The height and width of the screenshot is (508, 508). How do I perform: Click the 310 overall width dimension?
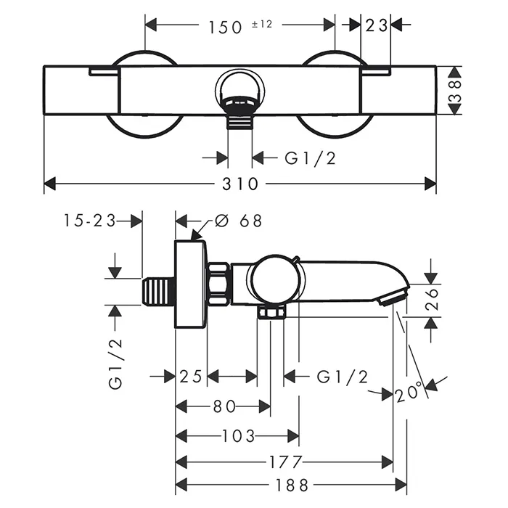coord(242,184)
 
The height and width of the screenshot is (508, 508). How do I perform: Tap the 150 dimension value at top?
coord(224,27)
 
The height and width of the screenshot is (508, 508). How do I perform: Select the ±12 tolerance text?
coord(261,24)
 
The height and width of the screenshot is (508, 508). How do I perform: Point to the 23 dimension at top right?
coord(377,26)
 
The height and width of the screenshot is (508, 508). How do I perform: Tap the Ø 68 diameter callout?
coord(239,221)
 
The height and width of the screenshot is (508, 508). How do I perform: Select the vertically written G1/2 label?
coord(116,362)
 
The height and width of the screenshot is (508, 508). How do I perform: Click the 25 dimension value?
coord(191,376)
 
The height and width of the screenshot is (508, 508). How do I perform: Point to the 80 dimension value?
coord(223,407)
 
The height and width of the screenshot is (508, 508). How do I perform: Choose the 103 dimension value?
coord(237,436)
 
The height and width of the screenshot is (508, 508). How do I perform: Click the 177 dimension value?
coord(285,462)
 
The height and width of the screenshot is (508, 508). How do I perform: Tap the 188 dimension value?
coord(285,485)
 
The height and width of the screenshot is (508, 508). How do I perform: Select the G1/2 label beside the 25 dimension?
coord(343,376)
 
